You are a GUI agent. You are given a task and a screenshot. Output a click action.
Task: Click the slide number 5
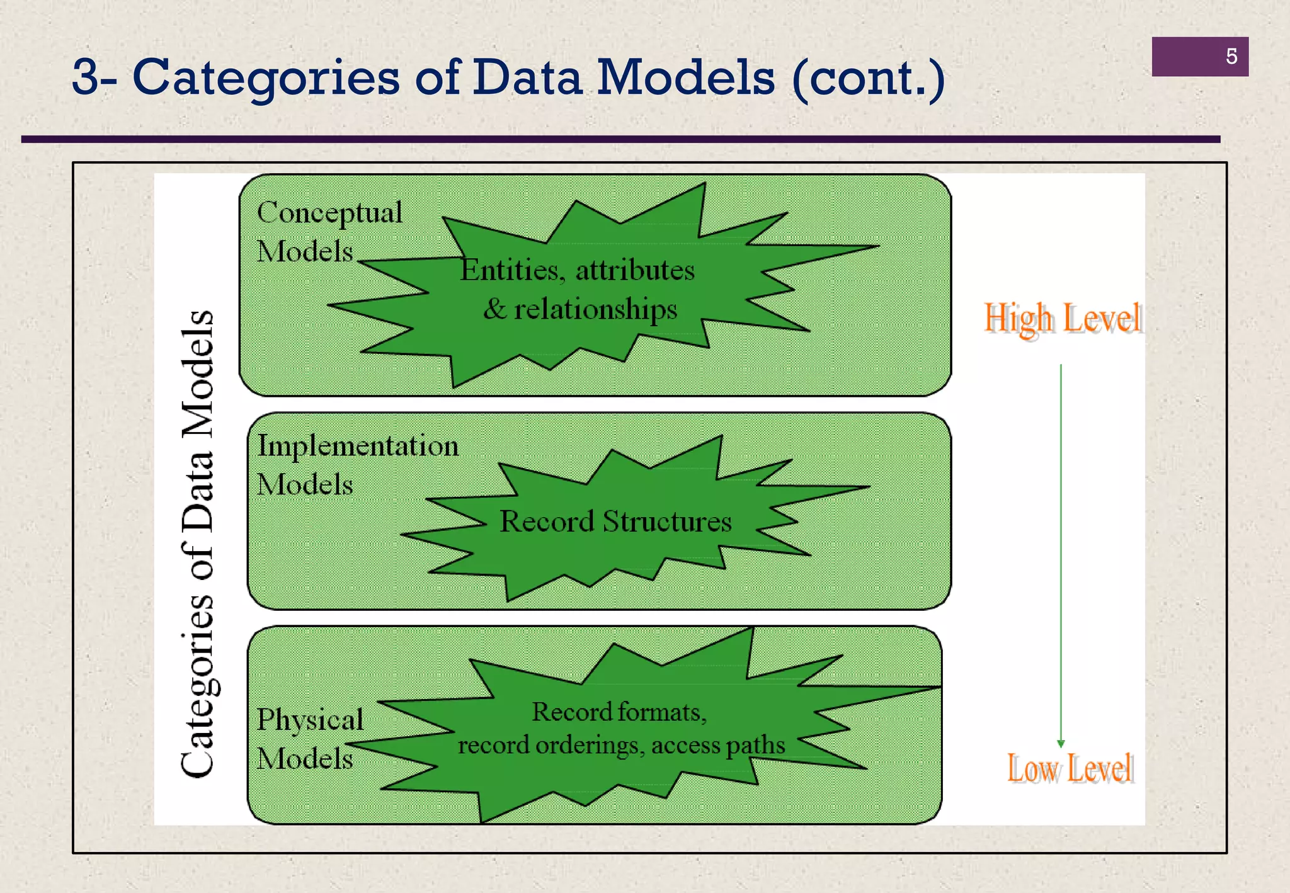tap(1231, 57)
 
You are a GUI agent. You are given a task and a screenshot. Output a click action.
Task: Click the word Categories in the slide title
tap(265, 78)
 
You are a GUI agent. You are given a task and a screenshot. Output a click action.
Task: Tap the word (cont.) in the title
tap(868, 78)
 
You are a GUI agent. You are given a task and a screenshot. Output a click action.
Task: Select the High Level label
tap(1063, 318)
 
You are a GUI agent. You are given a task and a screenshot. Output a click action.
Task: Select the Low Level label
tap(1070, 768)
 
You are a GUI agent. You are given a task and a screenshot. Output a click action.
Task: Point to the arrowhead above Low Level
tap(1061, 743)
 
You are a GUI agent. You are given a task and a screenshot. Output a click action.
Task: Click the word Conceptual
tap(329, 213)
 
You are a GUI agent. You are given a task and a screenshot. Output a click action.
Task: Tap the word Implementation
tap(358, 446)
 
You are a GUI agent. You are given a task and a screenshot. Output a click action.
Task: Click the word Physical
tap(310, 720)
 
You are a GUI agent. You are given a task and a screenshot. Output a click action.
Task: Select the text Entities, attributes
tap(577, 270)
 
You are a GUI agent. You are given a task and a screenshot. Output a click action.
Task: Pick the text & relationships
tap(580, 309)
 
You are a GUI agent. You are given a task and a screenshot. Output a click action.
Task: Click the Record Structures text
tap(615, 521)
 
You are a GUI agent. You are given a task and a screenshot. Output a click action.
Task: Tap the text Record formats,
tap(619, 712)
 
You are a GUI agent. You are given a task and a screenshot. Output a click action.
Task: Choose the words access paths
tap(718, 745)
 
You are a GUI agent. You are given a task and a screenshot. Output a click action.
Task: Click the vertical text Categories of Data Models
tap(197, 543)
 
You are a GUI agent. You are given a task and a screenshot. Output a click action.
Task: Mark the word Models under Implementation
tap(305, 485)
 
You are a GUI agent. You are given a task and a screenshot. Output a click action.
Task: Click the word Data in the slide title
tap(527, 78)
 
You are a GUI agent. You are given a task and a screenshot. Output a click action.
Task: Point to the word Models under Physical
tap(305, 758)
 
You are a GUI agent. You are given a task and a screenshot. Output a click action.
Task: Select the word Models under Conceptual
tap(305, 252)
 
